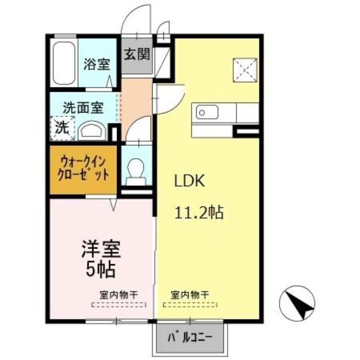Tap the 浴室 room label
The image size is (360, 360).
click(96, 64)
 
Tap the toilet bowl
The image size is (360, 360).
click(136, 171)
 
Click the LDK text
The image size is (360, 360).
click(189, 181)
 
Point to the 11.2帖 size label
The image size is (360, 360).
click(199, 212)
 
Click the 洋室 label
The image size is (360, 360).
click(100, 249)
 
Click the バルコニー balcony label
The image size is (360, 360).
click(189, 337)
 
